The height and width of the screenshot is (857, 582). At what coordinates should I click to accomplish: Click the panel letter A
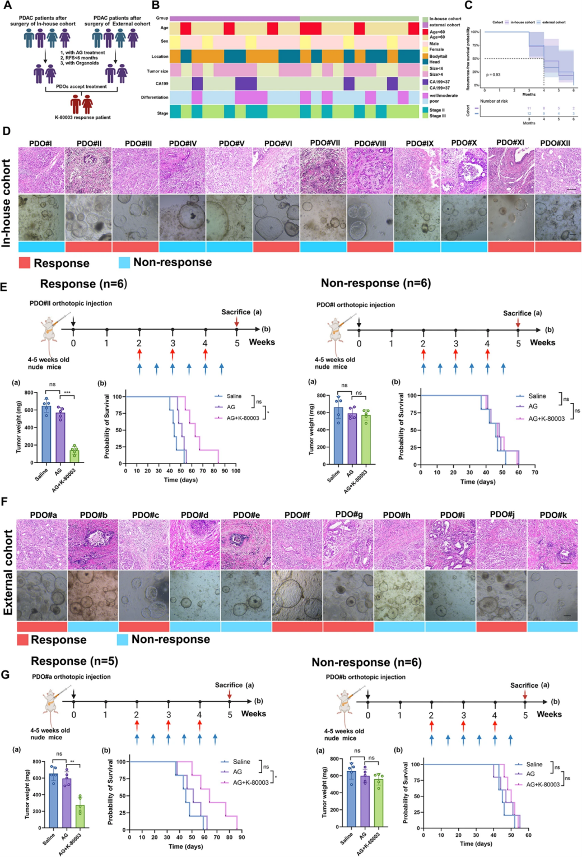point(7,6)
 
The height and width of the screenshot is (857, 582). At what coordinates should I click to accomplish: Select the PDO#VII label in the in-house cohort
point(325,143)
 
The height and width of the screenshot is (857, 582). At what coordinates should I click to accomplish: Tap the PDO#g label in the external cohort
point(348,515)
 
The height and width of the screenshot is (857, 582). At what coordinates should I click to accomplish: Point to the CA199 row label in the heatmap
point(161,84)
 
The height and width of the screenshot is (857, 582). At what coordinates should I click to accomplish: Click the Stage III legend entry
point(437,116)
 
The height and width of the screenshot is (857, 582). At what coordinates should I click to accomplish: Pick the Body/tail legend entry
point(438,56)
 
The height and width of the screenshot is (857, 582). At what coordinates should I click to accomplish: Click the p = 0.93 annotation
point(493,75)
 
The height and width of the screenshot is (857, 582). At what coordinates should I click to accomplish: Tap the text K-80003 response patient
point(82,118)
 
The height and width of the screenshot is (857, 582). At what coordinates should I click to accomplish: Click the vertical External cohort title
point(8,572)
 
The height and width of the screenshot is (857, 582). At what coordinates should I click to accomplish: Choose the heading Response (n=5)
point(75,661)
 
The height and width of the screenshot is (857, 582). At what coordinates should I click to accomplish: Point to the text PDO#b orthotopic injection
point(365,677)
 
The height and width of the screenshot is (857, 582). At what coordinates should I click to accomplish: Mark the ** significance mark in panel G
point(72,762)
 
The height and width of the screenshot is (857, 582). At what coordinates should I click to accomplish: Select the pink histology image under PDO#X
point(464,170)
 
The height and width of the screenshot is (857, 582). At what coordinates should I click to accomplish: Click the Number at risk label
point(493,101)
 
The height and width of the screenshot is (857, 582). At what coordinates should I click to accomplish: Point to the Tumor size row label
point(157,71)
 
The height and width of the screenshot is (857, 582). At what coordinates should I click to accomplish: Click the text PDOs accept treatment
point(81,87)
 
